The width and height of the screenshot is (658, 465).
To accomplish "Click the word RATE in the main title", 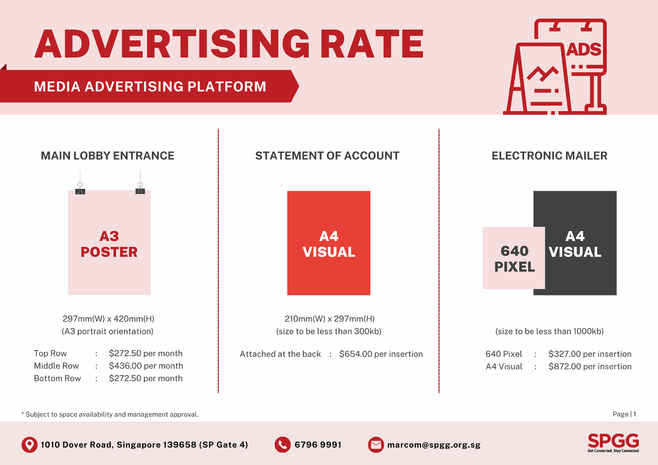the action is (372, 44).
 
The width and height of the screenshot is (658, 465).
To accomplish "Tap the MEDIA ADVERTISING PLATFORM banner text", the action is (150, 87).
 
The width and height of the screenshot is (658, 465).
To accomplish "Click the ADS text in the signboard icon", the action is (584, 49).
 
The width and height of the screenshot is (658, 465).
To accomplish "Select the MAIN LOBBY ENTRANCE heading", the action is (108, 156).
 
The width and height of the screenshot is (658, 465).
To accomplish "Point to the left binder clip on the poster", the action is (80, 189).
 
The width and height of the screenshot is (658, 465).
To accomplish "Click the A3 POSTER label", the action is (109, 244).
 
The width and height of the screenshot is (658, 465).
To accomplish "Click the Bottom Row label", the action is (58, 378).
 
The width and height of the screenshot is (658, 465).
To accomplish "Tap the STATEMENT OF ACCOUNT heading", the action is (327, 156).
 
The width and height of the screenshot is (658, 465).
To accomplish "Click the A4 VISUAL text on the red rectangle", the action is (328, 244).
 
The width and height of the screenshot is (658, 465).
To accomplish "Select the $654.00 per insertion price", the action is (381, 354).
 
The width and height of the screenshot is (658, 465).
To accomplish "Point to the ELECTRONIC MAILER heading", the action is (549, 156).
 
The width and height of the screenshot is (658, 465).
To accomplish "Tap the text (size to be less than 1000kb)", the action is (549, 331).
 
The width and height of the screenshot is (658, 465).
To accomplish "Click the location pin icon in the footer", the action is (29, 445).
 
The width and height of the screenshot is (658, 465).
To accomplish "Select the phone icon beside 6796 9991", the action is (282, 445).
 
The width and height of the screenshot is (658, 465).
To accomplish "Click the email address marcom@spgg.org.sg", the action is (434, 445).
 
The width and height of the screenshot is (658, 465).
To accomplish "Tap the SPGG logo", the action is (613, 443).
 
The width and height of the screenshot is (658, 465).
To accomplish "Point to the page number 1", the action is (635, 414).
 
